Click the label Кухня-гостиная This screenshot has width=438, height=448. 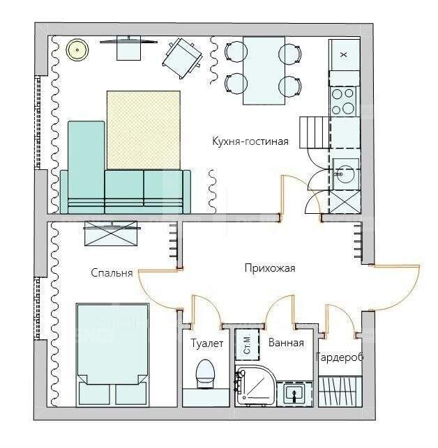click(250, 141)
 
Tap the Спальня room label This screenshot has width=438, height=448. click(112, 273)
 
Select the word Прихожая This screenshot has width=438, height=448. click(270, 268)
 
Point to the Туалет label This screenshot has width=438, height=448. click(207, 343)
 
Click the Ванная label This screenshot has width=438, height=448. click(286, 343)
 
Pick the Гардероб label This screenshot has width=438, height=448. click(340, 357)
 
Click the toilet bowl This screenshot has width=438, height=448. click(205, 374)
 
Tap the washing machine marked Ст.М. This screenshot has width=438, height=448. click(247, 344)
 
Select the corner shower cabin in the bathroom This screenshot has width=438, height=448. click(255, 385)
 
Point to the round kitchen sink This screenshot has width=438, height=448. click(345, 173)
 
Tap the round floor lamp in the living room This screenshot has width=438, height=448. click(77, 49)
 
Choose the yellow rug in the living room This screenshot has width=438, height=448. click(144, 130)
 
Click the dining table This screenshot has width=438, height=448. click(264, 70)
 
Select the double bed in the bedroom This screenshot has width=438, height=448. click(112, 355)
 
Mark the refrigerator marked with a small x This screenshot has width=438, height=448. click(344, 54)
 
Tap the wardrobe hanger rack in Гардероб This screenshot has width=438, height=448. click(340, 392)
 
